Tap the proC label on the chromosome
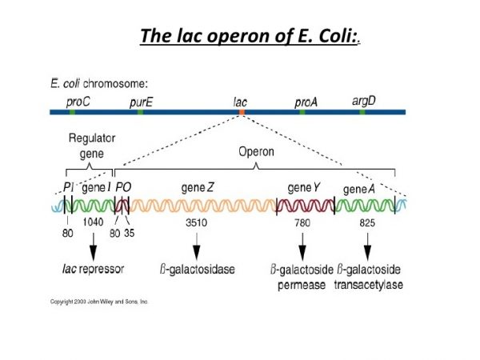(x=78, y=102)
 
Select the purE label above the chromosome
(x=142, y=102)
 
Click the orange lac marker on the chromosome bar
(x=240, y=113)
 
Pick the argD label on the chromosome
(x=364, y=101)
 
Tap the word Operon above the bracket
(x=256, y=150)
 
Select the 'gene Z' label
(x=197, y=187)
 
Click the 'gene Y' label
(x=303, y=187)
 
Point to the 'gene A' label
(x=359, y=189)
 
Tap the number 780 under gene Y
(x=303, y=222)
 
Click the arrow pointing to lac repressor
(x=93, y=244)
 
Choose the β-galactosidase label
(x=197, y=270)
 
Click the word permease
(x=302, y=284)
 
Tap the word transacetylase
(x=370, y=284)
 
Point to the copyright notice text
(x=99, y=302)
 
